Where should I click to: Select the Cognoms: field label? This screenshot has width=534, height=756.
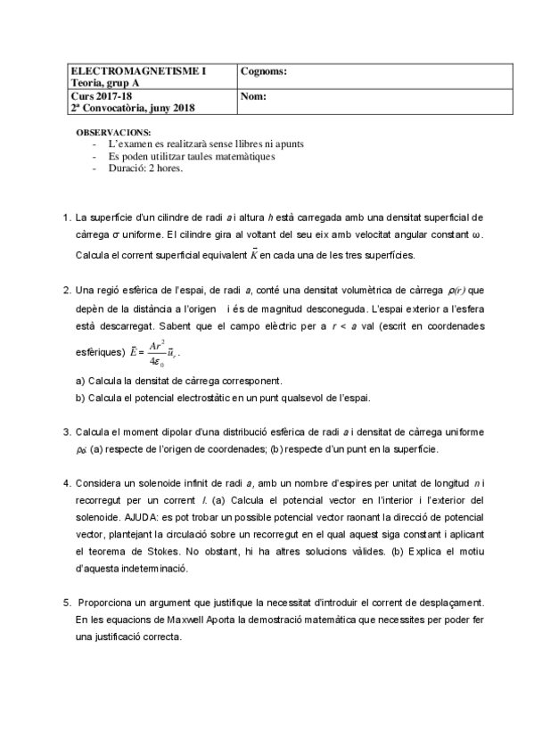(264, 70)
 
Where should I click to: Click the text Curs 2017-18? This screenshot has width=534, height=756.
(100, 96)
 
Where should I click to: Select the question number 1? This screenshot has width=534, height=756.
(66, 217)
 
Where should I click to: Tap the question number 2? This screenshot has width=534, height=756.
(66, 291)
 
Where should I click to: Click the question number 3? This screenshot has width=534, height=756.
(66, 431)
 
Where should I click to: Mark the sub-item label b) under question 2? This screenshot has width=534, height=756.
(80, 398)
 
